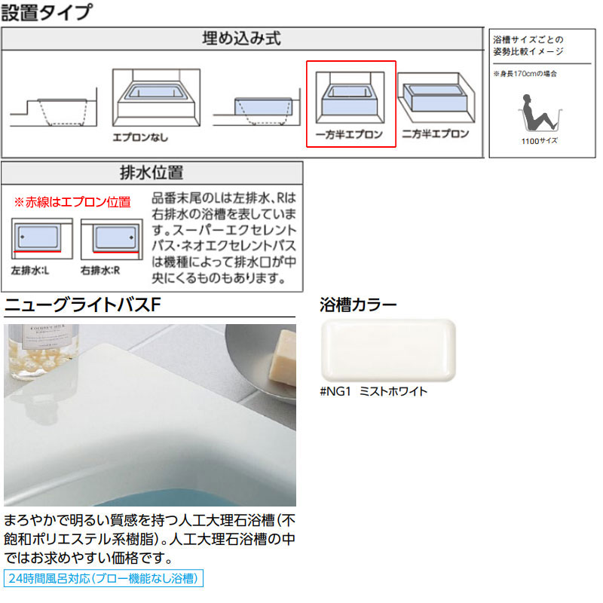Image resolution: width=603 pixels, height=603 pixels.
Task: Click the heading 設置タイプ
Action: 47,13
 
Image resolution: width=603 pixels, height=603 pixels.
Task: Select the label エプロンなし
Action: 140,139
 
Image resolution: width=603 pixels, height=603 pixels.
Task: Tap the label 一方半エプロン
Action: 350,135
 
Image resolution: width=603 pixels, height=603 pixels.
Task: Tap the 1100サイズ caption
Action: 538,141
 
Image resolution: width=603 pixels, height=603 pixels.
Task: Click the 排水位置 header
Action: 152,173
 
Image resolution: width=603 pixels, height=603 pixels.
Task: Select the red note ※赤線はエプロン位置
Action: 72,202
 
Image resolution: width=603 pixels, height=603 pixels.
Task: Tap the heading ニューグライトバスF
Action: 83,305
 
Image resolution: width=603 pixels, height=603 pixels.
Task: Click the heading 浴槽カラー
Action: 358,305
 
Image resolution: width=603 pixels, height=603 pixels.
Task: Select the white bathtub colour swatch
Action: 387,350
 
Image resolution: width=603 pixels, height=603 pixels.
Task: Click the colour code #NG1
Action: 336,391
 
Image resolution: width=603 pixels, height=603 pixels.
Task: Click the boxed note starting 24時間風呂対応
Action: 104,579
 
